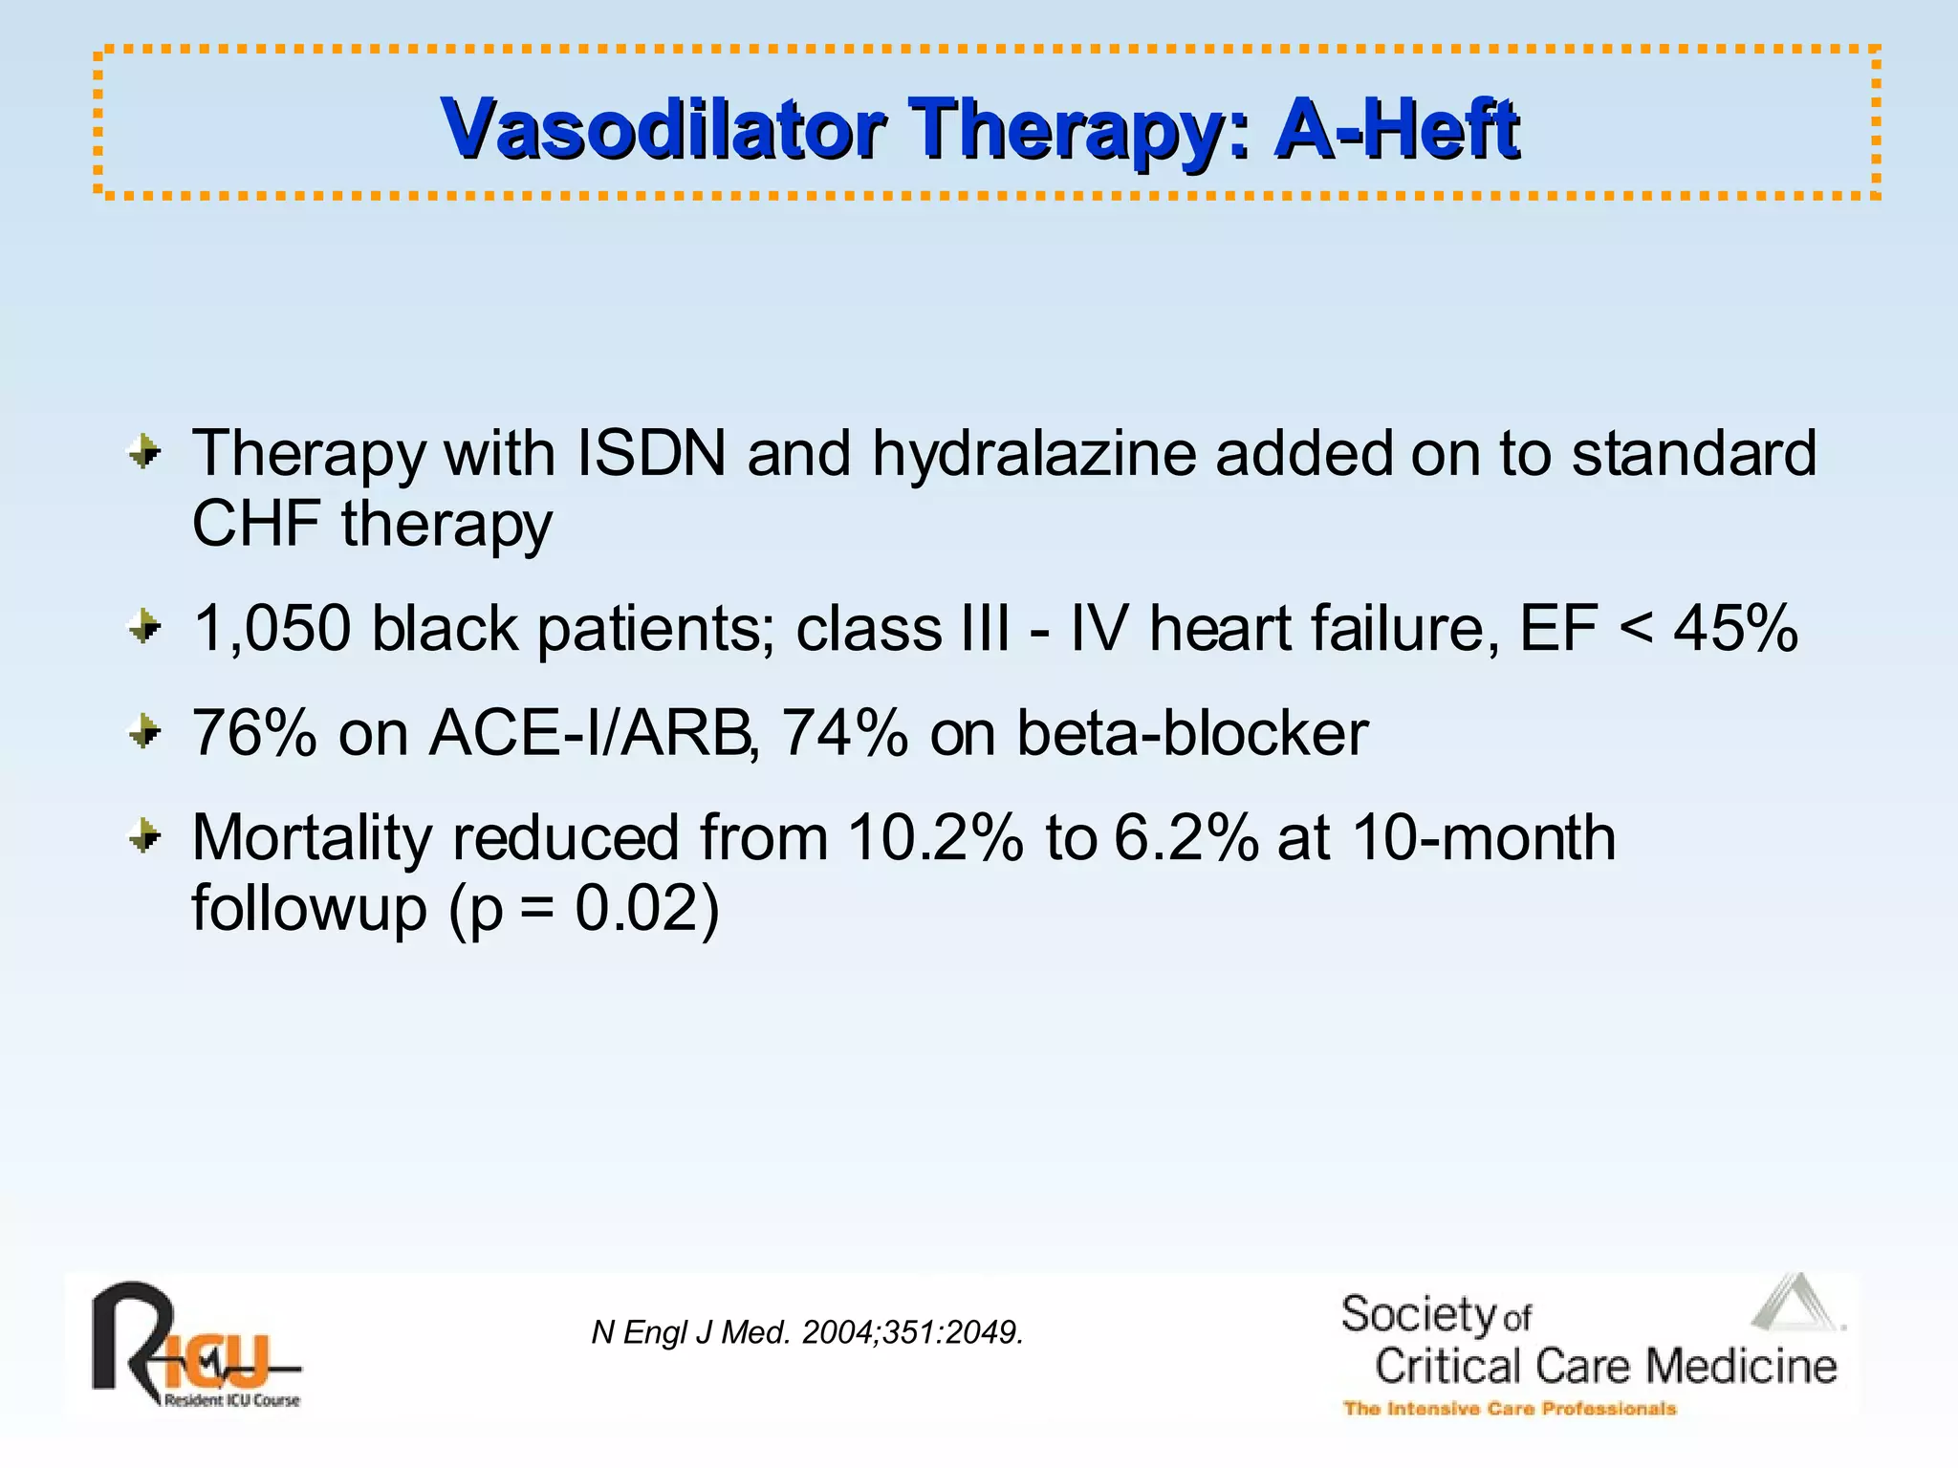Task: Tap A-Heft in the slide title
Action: point(1397,130)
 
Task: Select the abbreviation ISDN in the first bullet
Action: point(651,453)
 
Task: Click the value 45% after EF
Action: point(1735,629)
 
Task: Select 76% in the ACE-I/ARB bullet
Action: point(254,734)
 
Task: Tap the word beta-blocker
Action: point(1191,734)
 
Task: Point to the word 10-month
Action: point(1483,838)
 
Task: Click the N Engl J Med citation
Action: point(807,1332)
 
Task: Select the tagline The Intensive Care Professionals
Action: point(1510,1409)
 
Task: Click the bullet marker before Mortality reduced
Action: point(144,837)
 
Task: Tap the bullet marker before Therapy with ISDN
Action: point(144,452)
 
